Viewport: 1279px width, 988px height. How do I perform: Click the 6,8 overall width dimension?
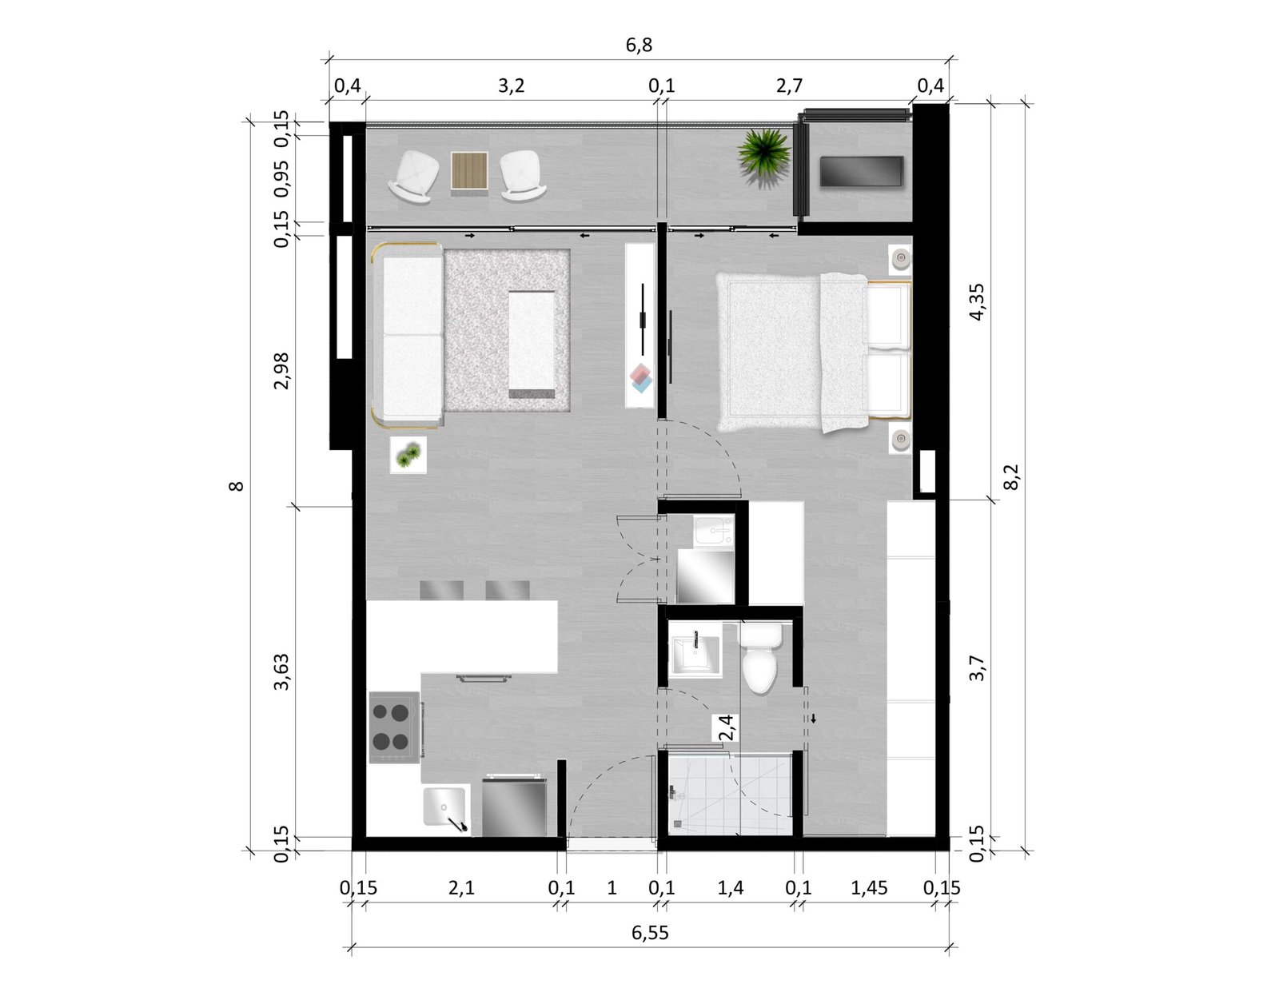click(639, 45)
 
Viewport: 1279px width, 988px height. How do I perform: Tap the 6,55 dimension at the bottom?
click(650, 933)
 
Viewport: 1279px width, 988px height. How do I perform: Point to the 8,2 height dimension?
click(1010, 476)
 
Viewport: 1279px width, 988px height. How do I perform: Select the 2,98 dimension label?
click(282, 371)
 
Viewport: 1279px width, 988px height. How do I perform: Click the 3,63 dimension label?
click(282, 671)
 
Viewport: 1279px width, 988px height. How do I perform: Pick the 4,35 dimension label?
click(977, 302)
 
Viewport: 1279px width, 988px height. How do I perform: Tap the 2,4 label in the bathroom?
click(727, 727)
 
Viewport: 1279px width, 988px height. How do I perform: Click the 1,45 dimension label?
click(869, 887)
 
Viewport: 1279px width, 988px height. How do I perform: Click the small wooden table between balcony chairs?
click(469, 170)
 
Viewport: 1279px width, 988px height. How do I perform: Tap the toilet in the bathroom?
click(760, 658)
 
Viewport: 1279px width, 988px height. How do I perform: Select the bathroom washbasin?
click(695, 655)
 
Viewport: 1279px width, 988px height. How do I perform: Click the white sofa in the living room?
click(408, 335)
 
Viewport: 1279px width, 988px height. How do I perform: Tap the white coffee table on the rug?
click(532, 345)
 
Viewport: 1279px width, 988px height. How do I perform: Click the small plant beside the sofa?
click(408, 455)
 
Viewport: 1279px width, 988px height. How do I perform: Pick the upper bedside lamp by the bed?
click(900, 258)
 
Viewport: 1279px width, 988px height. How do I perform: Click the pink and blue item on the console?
click(641, 378)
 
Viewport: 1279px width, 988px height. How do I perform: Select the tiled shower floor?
click(731, 795)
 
